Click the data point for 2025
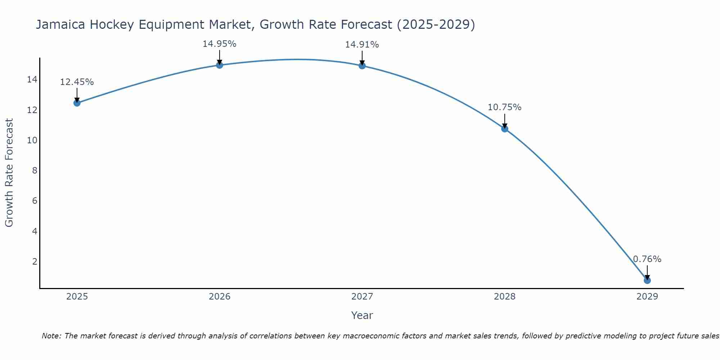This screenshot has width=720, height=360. coord(77,103)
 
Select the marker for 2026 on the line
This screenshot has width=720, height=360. coord(219,65)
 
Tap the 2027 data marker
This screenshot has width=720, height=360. coord(362,66)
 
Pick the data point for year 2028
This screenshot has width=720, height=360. coord(504,129)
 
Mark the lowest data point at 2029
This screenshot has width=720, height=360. coord(647,280)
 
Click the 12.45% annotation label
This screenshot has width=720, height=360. coord(77,82)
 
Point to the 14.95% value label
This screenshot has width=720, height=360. coord(219,44)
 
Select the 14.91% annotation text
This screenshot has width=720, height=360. coord(362,45)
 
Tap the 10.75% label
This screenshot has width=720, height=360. coord(504,107)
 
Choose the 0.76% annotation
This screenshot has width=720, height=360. coord(647,259)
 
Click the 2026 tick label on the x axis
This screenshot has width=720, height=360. coord(220,297)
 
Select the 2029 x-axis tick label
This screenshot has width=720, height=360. coord(647,297)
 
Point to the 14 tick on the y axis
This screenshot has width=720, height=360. coord(32,80)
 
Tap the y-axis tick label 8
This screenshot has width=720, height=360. coord(35,170)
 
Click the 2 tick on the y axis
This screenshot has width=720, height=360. coord(35,261)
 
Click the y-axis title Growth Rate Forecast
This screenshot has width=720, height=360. coord(9,173)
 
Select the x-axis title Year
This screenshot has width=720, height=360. coord(362,315)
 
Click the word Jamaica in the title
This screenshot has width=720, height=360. coord(60,24)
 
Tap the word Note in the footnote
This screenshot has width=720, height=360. coord(51,336)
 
